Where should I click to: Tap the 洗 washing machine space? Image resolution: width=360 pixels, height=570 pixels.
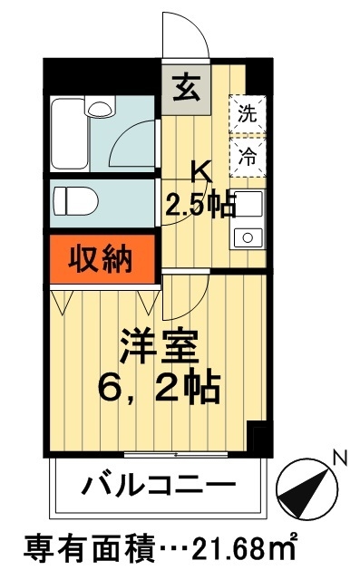[247, 114]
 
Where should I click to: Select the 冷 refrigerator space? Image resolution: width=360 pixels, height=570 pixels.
[247, 153]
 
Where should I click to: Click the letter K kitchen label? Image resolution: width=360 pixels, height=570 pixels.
[202, 171]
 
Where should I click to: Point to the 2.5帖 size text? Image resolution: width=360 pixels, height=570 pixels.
[199, 205]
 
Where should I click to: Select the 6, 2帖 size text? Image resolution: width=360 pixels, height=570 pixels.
[160, 391]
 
